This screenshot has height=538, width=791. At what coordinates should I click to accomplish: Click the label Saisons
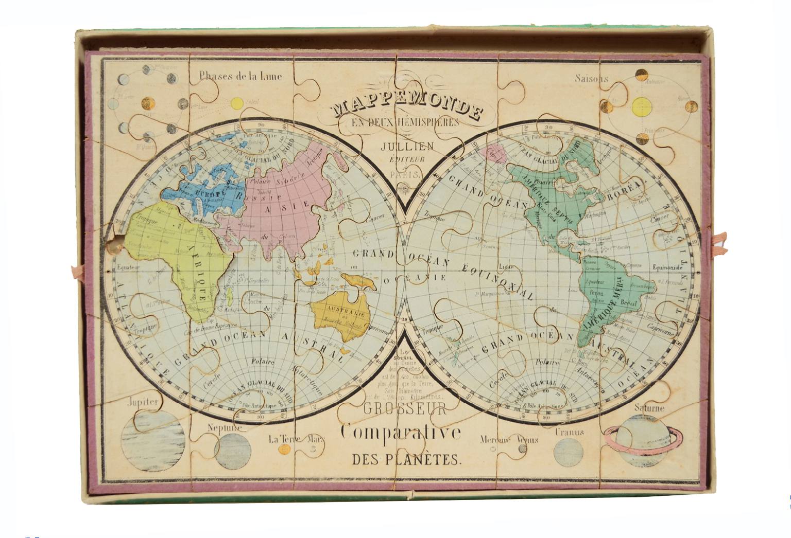point(591,79)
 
